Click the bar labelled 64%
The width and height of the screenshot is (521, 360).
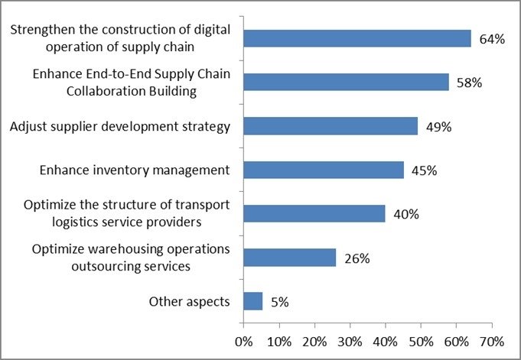click(x=357, y=38)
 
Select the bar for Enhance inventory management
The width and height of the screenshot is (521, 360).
click(x=324, y=170)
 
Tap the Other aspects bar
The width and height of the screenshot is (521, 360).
click(x=253, y=301)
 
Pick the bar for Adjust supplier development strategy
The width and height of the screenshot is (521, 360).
click(x=331, y=126)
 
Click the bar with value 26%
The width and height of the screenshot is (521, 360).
click(x=290, y=258)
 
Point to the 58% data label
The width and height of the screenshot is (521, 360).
click(x=469, y=83)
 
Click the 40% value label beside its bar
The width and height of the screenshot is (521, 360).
click(x=406, y=214)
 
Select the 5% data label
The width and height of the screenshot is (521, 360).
click(x=280, y=302)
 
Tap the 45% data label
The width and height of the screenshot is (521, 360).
click(x=424, y=170)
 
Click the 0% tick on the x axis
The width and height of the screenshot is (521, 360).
click(x=243, y=342)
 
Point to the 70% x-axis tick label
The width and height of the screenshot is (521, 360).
click(x=492, y=342)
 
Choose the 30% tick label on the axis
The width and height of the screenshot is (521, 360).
click(x=350, y=342)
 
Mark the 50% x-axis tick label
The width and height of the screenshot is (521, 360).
click(x=421, y=342)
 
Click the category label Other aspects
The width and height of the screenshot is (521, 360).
click(x=190, y=302)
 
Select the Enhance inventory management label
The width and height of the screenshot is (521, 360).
click(x=135, y=170)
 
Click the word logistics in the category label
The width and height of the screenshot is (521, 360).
click(x=76, y=222)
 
